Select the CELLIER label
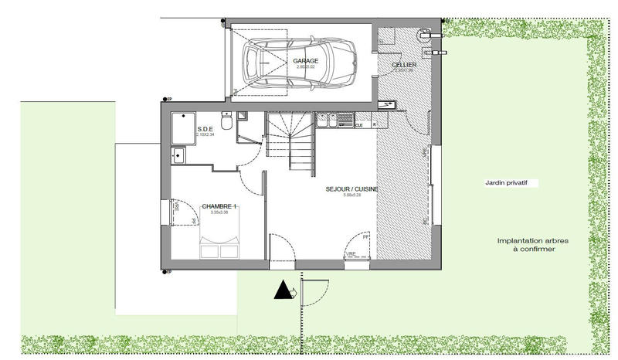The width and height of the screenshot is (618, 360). pyautogui.click(x=404, y=65)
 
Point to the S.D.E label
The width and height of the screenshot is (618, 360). pyautogui.click(x=205, y=129)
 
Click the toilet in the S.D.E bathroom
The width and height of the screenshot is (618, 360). pyautogui.click(x=226, y=123)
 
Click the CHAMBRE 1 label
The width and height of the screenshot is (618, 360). pyautogui.click(x=219, y=206)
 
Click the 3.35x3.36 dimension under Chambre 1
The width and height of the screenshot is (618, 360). pyautogui.click(x=219, y=212)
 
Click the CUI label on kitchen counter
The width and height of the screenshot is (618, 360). pyautogui.click(x=359, y=124)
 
